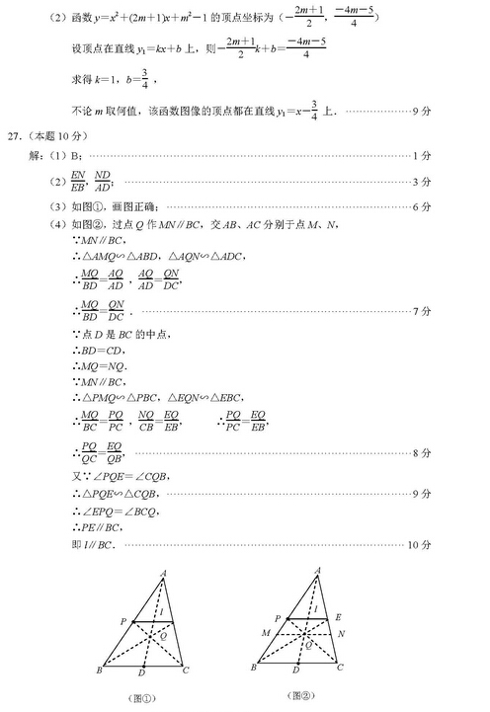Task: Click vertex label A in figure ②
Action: coord(317,570)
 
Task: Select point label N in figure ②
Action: coord(342,632)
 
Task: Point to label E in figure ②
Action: coord(337,615)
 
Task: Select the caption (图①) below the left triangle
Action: coord(142,699)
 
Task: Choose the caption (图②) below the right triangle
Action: coord(298,696)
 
